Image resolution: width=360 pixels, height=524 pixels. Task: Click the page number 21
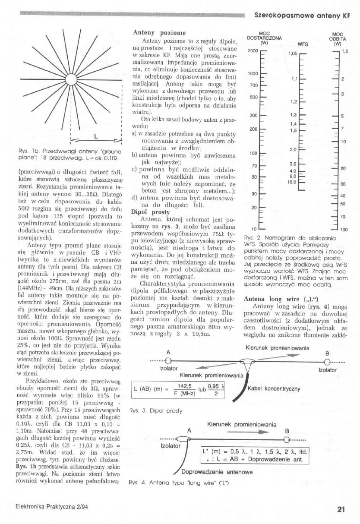(341, 509)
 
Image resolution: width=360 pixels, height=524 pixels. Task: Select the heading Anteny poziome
(155, 32)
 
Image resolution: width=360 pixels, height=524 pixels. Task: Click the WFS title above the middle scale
(303, 44)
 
